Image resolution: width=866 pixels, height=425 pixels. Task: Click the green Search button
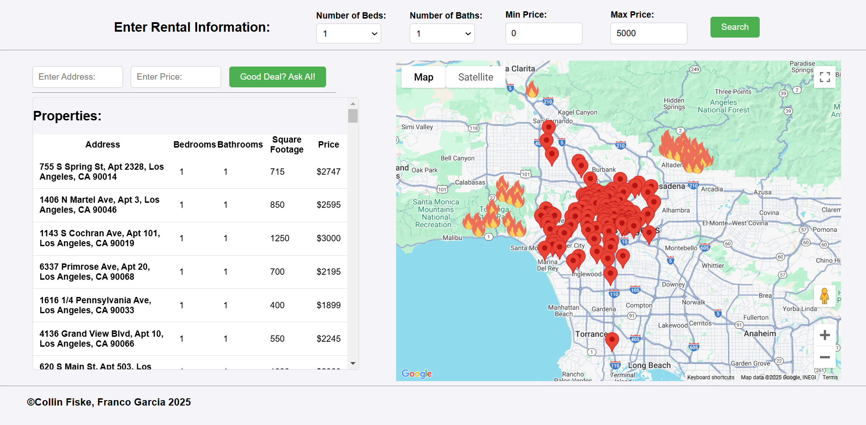734,27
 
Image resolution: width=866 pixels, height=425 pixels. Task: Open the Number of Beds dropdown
348,33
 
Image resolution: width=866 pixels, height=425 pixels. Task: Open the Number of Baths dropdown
442,33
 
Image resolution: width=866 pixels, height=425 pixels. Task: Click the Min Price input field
544,33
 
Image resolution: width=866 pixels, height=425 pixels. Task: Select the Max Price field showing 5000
648,33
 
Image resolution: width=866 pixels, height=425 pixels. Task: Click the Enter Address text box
78,77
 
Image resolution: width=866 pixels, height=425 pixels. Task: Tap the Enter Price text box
175,77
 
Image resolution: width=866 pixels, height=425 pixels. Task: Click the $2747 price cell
328,172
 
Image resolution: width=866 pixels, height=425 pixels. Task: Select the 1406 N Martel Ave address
99,205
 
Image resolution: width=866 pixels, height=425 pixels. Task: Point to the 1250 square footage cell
279,239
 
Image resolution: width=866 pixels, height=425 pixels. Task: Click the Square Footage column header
287,145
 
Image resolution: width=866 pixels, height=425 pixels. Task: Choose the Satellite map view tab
475,77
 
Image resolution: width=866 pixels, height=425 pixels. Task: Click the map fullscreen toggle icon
824,77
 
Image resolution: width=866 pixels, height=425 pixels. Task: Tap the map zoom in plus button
824,335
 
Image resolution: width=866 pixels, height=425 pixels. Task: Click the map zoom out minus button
824,357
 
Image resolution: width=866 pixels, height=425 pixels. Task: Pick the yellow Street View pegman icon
824,296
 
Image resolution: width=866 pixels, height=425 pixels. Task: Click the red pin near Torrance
612,340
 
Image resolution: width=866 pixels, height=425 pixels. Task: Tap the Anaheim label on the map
760,334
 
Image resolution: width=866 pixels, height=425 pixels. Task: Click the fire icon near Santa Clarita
532,89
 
